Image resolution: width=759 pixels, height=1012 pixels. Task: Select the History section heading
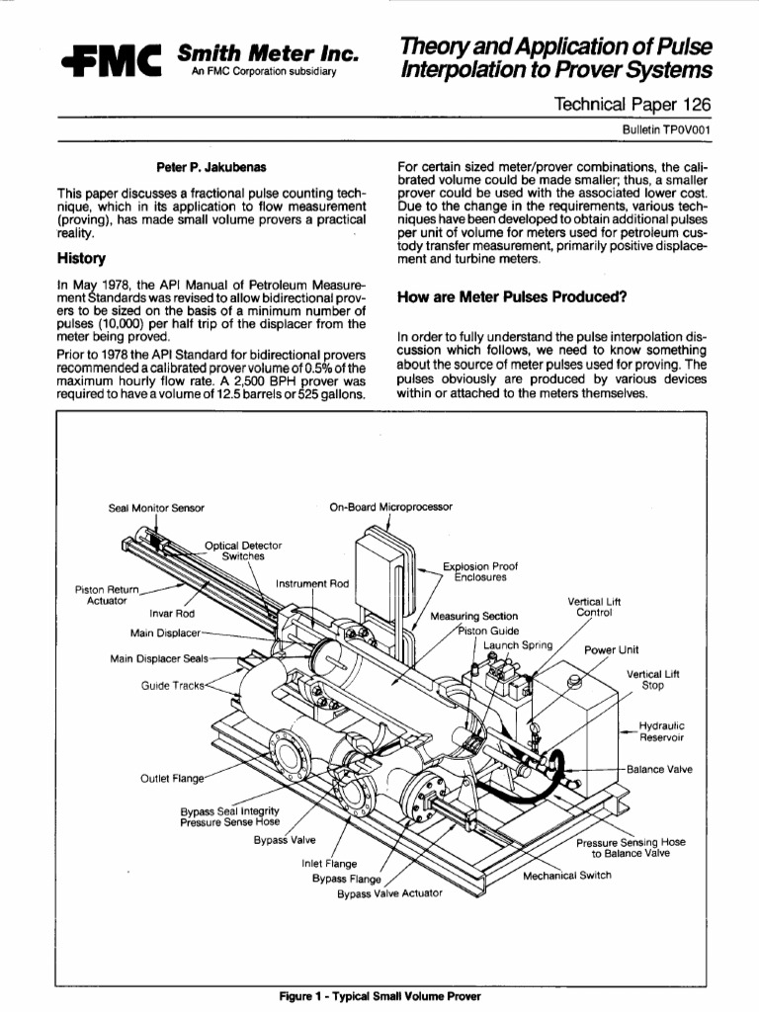coord(81,259)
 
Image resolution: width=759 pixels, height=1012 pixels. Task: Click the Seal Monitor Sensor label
coord(156,508)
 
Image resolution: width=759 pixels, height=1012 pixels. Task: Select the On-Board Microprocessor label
coord(390,507)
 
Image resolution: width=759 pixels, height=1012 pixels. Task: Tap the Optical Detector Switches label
coord(243,550)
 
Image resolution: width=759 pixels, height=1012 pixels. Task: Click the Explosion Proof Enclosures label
coord(474,571)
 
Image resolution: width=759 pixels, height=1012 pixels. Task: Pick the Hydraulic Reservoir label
coord(661,730)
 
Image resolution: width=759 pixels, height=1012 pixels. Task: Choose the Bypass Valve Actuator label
coord(390,893)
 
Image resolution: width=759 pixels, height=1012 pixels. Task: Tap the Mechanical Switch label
coord(567,875)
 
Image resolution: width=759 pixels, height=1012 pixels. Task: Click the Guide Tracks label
coord(171,685)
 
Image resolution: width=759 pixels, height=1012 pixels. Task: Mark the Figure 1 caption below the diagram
coord(379,996)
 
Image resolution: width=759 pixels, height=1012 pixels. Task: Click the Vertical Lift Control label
coord(594,606)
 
